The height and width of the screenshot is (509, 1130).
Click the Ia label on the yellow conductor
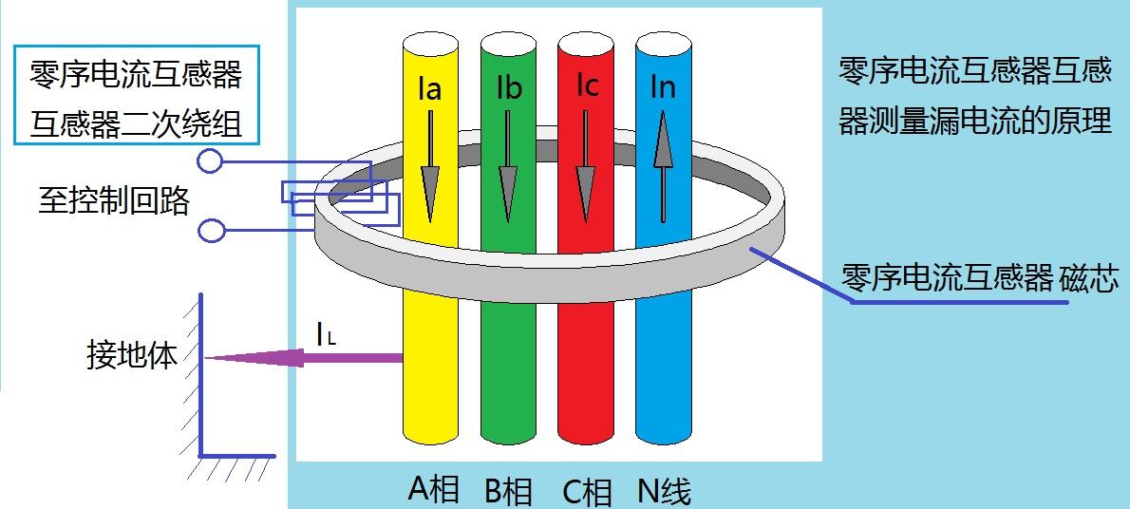[429, 91]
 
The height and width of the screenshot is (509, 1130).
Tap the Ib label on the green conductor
[510, 88]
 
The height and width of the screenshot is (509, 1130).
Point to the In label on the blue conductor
[663, 87]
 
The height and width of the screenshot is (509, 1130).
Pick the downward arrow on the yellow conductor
[430, 166]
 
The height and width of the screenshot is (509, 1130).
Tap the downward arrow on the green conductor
[509, 166]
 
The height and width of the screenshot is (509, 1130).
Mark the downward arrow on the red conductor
[586, 166]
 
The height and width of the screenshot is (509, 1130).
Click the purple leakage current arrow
[304, 357]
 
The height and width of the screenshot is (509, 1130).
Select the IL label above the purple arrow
[326, 334]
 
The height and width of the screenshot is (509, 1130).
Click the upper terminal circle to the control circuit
[210, 160]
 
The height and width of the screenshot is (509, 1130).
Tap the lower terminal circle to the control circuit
[211, 231]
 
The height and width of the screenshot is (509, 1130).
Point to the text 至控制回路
[114, 202]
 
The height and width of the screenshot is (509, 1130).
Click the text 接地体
[131, 355]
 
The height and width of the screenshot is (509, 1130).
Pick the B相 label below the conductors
[509, 491]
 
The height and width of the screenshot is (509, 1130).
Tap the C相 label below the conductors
[587, 492]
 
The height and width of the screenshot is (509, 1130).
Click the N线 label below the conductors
[665, 491]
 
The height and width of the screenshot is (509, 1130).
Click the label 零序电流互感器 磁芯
[980, 277]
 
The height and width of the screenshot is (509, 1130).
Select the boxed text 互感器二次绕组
[136, 124]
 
